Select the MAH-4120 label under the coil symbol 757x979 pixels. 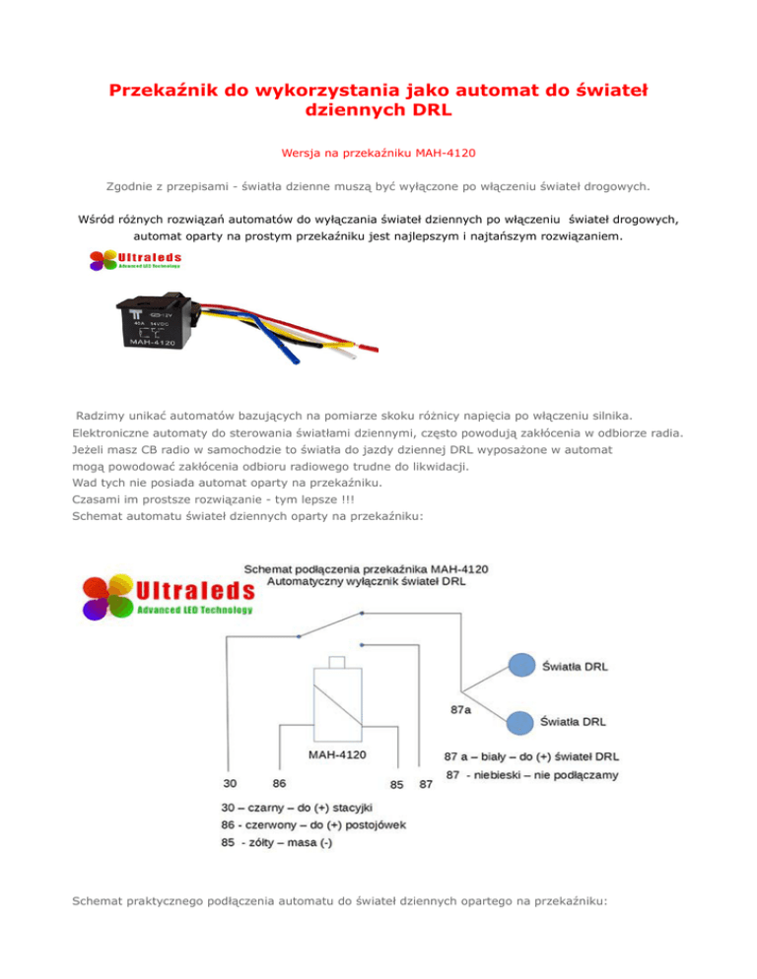click(337, 755)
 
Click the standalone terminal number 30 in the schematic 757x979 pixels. click(228, 784)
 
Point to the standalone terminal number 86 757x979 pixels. click(280, 784)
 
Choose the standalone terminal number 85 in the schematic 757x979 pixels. click(396, 785)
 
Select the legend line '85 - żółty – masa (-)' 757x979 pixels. click(276, 843)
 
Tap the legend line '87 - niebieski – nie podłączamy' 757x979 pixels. click(532, 776)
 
